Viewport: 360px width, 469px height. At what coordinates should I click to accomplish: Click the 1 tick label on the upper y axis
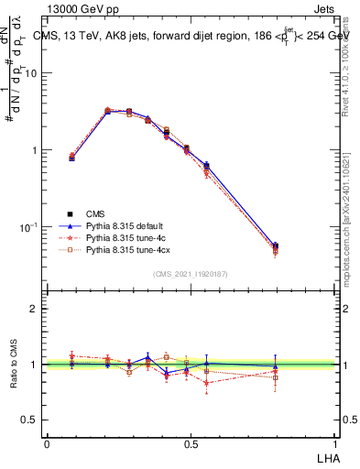coord(37,150)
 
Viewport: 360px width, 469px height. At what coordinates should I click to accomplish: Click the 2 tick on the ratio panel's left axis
coord(38,309)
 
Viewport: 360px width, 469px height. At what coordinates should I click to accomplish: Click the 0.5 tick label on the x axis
coord(191,442)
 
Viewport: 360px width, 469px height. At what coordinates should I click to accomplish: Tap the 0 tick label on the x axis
coord(47,442)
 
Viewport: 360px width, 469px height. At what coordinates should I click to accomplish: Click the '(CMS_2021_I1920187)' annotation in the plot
coord(191,274)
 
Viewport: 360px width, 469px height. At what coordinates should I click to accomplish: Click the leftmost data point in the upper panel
coord(72,158)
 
